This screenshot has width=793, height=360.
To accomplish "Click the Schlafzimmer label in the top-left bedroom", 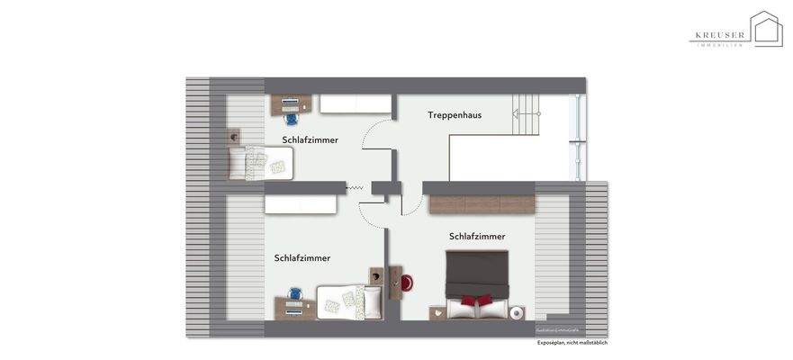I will pos(310,139).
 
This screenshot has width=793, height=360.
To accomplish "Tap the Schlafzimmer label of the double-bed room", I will pos(477,236).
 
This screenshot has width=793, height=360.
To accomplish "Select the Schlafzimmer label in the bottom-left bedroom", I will pos(302,258).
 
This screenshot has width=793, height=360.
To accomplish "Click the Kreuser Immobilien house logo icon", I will pos(766,29).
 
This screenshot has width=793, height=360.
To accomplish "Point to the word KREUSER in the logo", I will pos(718,37).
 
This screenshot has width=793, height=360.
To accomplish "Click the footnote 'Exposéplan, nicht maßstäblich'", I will pos(572,343).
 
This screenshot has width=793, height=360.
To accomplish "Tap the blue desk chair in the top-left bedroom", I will pos(291,117).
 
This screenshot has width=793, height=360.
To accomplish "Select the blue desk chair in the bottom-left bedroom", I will pos(294,294).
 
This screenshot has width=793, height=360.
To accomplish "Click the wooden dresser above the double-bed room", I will pos(482,204).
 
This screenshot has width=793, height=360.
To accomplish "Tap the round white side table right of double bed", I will pos(517,313).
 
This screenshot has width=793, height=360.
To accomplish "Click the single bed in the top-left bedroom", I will pos(261,162).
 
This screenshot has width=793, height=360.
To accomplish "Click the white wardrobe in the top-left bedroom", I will pos(356,104).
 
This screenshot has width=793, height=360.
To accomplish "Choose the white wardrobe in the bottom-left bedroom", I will pos(301,205).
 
